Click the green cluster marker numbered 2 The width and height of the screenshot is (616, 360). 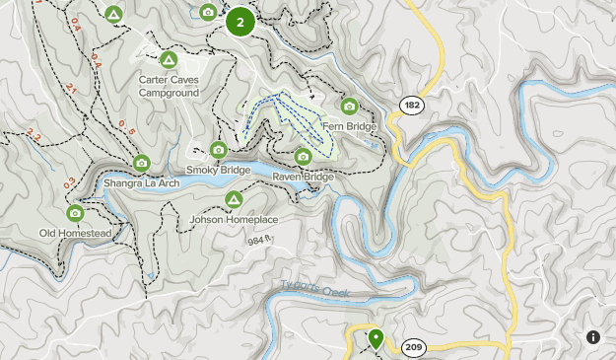(x=240, y=22)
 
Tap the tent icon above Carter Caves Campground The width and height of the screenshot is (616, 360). (x=169, y=60)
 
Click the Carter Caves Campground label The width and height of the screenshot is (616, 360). (x=169, y=87)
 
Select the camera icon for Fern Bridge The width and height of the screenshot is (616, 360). (x=348, y=107)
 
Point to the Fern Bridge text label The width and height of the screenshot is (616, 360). (x=349, y=126)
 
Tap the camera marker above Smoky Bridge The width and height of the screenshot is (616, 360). (x=219, y=150)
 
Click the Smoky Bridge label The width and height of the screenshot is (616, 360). (x=219, y=170)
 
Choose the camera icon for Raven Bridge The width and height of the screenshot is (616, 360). (x=303, y=156)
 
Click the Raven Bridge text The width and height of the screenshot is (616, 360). (x=303, y=177)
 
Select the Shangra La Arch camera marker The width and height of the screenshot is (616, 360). (x=141, y=163)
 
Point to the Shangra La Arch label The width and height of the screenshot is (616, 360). (x=141, y=183)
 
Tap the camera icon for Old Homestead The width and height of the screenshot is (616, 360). (x=75, y=212)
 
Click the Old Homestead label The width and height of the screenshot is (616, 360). (x=75, y=233)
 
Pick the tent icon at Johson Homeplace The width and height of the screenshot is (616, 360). (x=234, y=199)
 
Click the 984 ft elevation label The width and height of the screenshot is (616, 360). (x=259, y=240)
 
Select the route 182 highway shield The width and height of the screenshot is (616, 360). (x=411, y=103)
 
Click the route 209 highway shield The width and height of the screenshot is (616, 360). (x=414, y=347)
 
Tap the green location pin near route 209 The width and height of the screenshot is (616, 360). (x=376, y=339)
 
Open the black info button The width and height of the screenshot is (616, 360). (x=593, y=337)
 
